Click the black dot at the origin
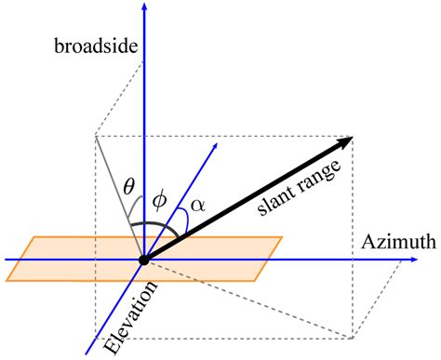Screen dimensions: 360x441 coord(143,260)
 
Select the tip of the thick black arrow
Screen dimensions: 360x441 coord(351,138)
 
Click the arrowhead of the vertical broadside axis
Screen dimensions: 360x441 coord(143,7)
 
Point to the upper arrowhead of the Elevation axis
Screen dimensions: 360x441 coord(215,145)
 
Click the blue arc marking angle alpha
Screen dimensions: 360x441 coord(189,220)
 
